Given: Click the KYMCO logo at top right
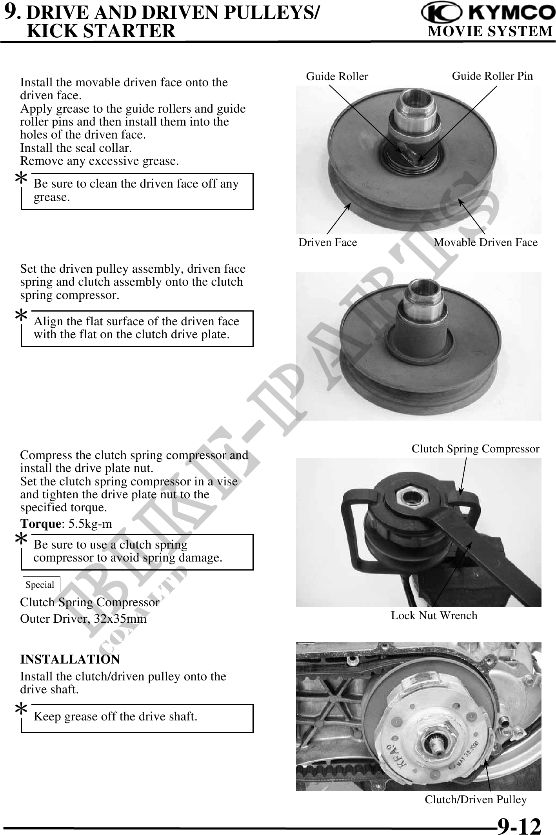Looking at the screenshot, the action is click(x=488, y=13).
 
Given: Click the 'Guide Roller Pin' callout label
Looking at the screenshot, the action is click(x=492, y=76).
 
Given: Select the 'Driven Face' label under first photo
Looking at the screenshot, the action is click(x=328, y=242).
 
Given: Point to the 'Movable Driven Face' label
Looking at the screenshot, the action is click(x=485, y=242).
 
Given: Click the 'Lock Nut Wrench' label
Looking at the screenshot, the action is click(x=434, y=615).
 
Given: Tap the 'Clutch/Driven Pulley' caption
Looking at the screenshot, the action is click(x=476, y=799).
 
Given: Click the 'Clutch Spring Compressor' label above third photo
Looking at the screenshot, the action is click(x=475, y=449).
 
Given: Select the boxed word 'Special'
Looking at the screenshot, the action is click(x=40, y=585).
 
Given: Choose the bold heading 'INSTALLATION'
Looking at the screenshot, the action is click(x=70, y=659).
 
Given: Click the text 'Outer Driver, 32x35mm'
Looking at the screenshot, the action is click(x=83, y=619).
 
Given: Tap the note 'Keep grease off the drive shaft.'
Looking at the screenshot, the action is click(x=115, y=716).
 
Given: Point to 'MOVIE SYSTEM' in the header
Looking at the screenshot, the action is click(x=490, y=31).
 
